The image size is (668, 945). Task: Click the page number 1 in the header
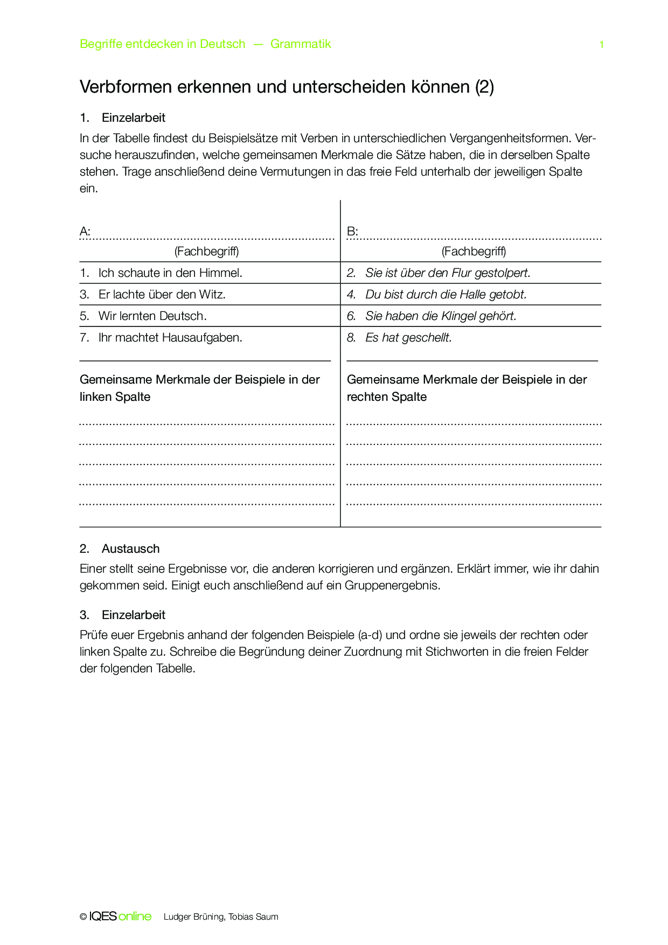tap(601, 45)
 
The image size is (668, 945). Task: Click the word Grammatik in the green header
tap(301, 44)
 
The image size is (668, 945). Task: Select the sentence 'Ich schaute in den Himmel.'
tap(170, 273)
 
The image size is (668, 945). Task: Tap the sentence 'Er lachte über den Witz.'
tap(162, 295)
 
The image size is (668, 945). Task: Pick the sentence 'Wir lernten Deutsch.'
tap(152, 316)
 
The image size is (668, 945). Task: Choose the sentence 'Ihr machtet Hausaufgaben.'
tap(170, 338)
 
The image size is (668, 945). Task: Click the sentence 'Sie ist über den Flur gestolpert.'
tap(447, 273)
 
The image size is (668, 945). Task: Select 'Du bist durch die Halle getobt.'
tap(446, 295)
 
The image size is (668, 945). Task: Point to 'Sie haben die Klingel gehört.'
tap(440, 316)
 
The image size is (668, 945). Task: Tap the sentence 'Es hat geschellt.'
tap(408, 338)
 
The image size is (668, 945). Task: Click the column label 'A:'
tap(85, 232)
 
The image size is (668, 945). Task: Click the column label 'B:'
tap(352, 232)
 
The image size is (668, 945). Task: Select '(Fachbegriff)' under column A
tap(206, 251)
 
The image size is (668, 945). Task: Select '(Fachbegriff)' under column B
tap(474, 251)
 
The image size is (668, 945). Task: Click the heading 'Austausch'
tap(130, 548)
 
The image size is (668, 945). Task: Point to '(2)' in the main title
tap(484, 87)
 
